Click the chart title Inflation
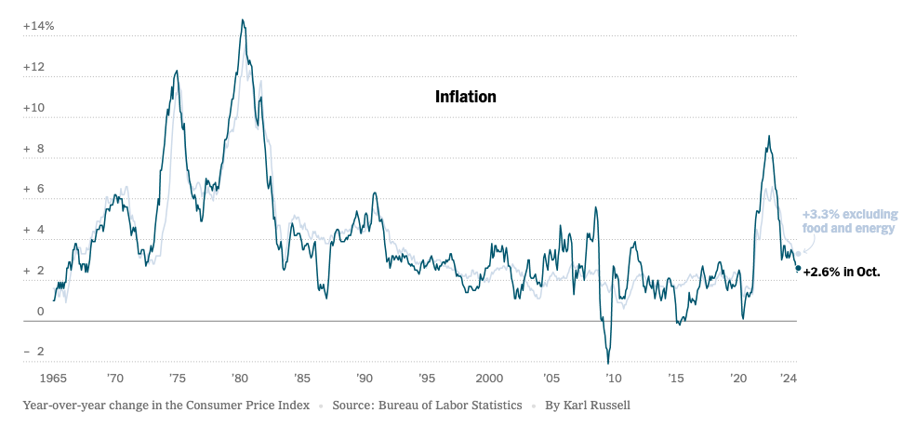465,97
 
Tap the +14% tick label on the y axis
39,26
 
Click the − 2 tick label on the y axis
34,353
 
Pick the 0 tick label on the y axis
40,312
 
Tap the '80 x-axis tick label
239,379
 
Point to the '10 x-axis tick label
613,379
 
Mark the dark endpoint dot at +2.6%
798,268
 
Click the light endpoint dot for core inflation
798,254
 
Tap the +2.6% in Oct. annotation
842,273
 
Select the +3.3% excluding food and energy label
849,221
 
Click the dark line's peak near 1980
243,20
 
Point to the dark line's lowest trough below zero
608,363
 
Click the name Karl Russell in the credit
590,406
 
